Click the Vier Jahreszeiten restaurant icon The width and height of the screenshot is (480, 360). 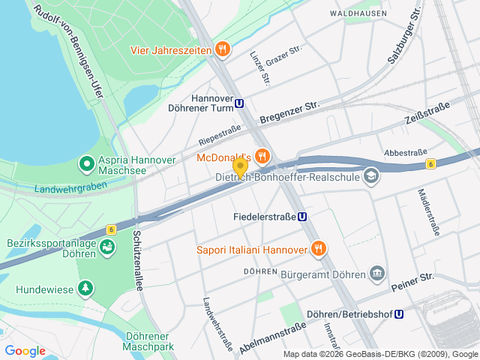pos(222,49)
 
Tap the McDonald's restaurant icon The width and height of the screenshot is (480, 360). pos(262,157)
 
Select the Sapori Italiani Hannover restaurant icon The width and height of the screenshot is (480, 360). pos(318,249)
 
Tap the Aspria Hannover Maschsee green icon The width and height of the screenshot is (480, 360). pos(87,162)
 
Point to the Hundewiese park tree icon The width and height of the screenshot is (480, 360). pos(87,287)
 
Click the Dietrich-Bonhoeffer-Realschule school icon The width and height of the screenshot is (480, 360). pos(370,177)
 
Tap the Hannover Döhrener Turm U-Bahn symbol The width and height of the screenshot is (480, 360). pos(239,104)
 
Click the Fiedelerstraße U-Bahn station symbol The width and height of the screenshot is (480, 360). pos(303,216)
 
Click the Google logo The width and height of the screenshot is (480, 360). pos(25,351)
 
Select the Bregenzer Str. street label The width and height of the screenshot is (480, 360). pos(289,113)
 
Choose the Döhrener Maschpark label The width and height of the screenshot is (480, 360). pos(149,341)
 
